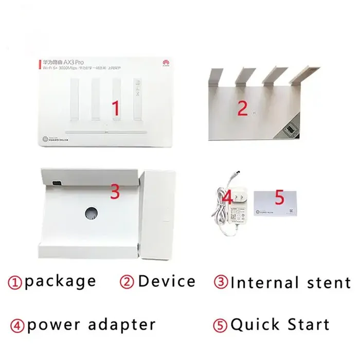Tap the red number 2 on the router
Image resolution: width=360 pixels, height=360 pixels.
pyautogui.click(x=242, y=107)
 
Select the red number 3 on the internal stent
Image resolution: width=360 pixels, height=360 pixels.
pyautogui.click(x=115, y=192)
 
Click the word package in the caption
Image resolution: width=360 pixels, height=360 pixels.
pyautogui.click(x=60, y=281)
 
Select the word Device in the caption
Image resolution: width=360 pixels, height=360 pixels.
pyautogui.click(x=167, y=281)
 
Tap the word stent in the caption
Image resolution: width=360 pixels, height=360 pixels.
pyautogui.click(x=324, y=282)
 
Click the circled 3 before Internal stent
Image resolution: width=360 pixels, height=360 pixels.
pyautogui.click(x=221, y=282)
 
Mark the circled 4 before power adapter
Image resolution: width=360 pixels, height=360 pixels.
pyautogui.click(x=16, y=325)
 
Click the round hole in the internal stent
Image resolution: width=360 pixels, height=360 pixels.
pyautogui.click(x=92, y=213)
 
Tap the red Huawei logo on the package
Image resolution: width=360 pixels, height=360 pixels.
pyautogui.click(x=165, y=62)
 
